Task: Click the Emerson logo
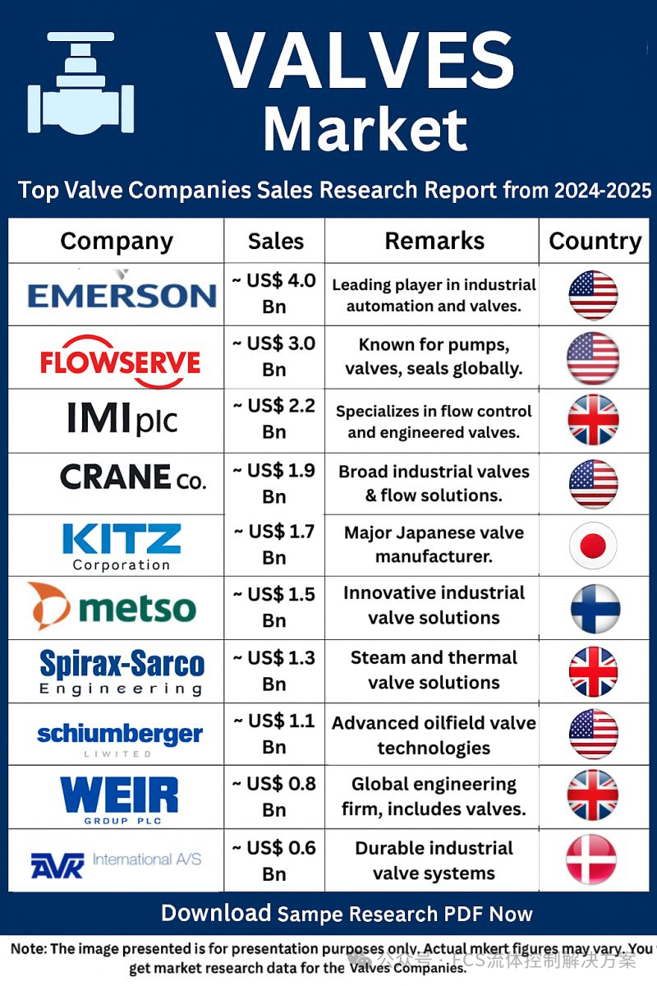(x=122, y=294)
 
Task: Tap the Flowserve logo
(x=120, y=360)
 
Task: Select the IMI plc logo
(x=122, y=420)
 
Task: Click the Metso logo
(x=113, y=608)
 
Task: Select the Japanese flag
(x=593, y=546)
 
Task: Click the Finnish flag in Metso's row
(x=595, y=609)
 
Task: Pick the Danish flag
(x=591, y=859)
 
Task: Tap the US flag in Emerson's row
(x=593, y=294)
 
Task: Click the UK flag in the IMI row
(x=593, y=419)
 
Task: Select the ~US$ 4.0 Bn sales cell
(x=273, y=293)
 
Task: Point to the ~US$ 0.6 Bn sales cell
(x=273, y=860)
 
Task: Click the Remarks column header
(x=434, y=241)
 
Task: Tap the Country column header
(x=595, y=241)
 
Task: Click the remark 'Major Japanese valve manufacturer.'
(x=434, y=545)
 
